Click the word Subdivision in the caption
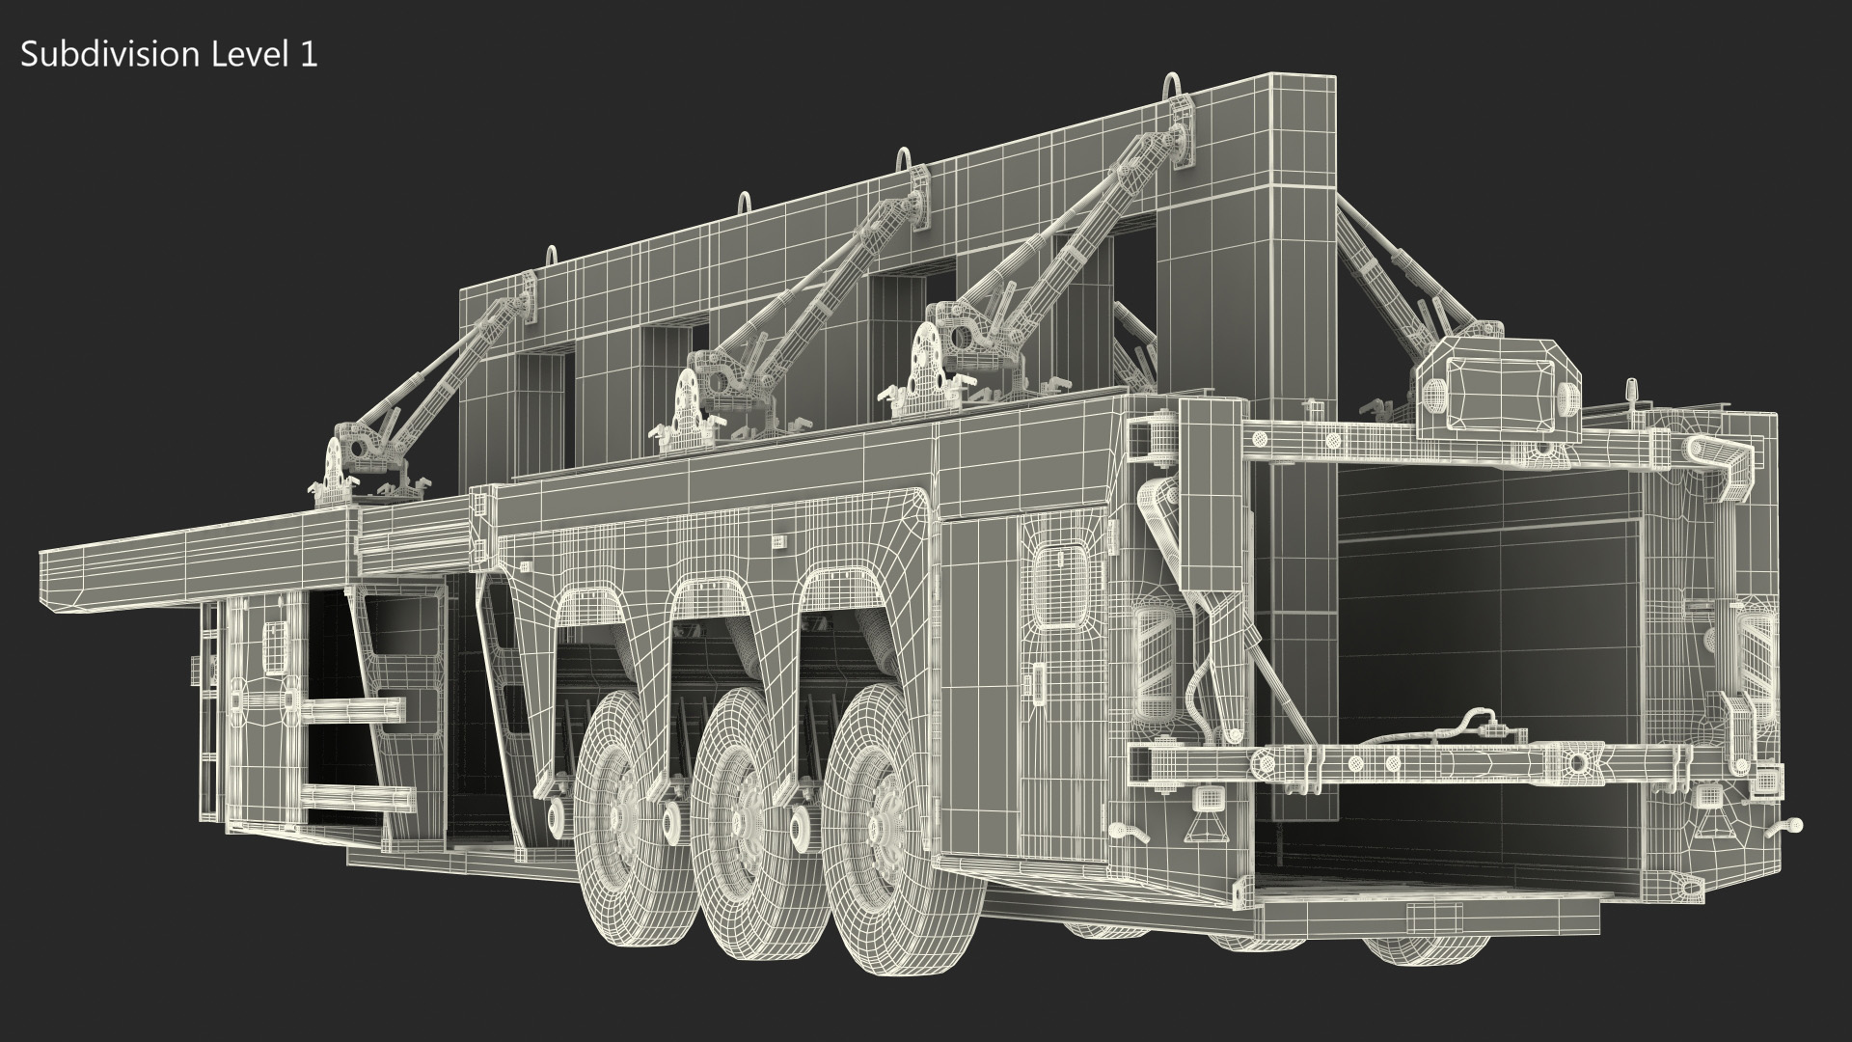pos(109,55)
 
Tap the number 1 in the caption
pos(308,55)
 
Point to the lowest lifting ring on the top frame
pos(553,261)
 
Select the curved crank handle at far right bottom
pos(1781,828)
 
